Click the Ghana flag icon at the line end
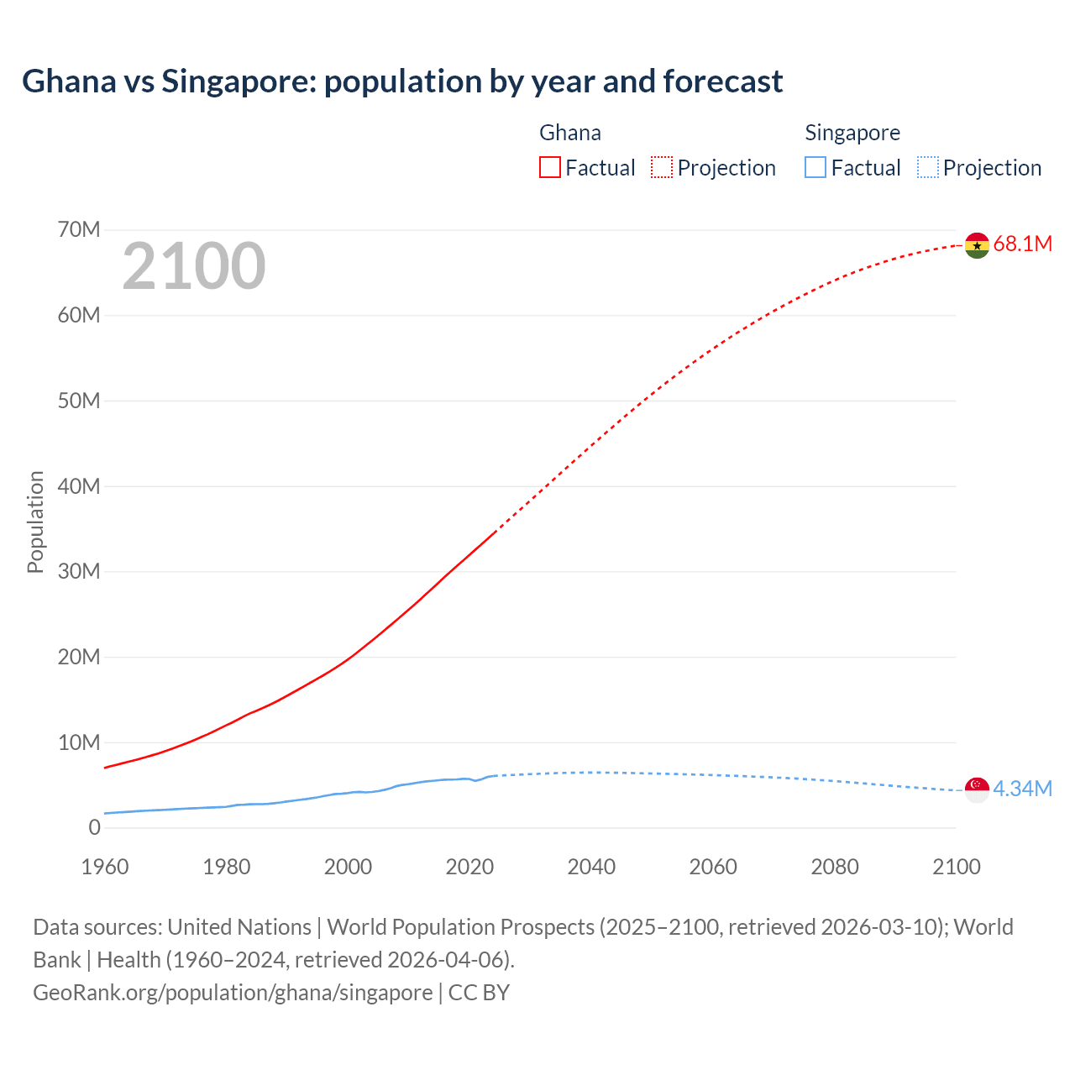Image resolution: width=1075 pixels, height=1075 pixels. point(977,245)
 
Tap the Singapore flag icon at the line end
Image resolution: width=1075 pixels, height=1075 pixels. point(977,789)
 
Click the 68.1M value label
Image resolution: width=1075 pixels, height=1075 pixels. point(1022,244)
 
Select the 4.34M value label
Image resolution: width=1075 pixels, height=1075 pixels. point(1022,789)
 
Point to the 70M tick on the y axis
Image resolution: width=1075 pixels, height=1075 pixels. point(79,230)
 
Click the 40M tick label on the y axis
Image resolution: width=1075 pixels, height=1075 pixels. point(79,486)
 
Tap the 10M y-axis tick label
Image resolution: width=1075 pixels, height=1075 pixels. point(79,742)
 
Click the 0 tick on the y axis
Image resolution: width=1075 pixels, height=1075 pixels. point(94,828)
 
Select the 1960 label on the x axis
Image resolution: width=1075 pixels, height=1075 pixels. point(105,867)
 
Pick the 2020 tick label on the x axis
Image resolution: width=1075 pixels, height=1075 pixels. point(469,867)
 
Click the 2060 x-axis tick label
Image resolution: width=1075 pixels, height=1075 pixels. point(713,867)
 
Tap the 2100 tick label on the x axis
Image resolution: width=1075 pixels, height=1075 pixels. point(957,867)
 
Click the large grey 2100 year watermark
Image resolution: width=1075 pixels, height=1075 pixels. point(194,266)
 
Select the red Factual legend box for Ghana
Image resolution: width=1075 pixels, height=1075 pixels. point(550,168)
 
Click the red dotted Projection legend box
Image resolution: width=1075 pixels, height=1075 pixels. point(662,168)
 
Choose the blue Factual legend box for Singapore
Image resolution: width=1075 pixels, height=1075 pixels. point(815,168)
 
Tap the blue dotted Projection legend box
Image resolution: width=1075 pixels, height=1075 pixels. point(928,168)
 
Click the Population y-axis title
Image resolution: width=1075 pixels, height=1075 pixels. point(35,522)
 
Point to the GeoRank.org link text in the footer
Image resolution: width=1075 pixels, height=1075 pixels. point(233,993)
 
